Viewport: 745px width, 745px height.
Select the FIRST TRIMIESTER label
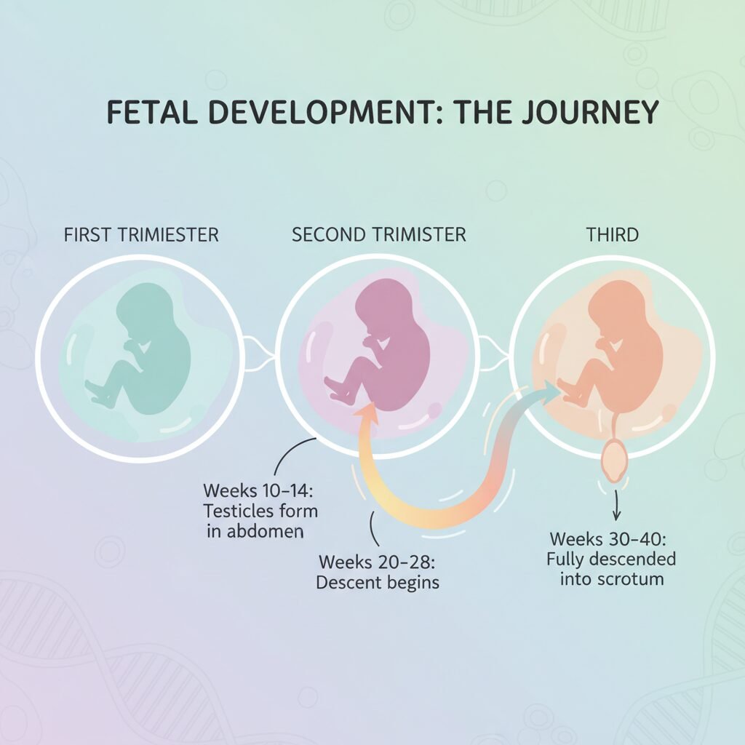click(x=141, y=235)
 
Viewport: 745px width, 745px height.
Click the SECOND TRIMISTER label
click(x=378, y=235)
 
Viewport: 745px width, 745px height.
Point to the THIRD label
click(x=613, y=235)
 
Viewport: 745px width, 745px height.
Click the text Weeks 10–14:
click(x=258, y=490)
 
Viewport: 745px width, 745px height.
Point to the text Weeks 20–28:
click(x=378, y=562)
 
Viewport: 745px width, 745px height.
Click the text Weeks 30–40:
click(x=607, y=539)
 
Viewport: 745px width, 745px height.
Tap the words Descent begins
click(x=378, y=583)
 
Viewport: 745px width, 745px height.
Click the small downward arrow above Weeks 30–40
click(x=616, y=505)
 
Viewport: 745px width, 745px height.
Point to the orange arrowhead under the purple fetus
click(x=367, y=413)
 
